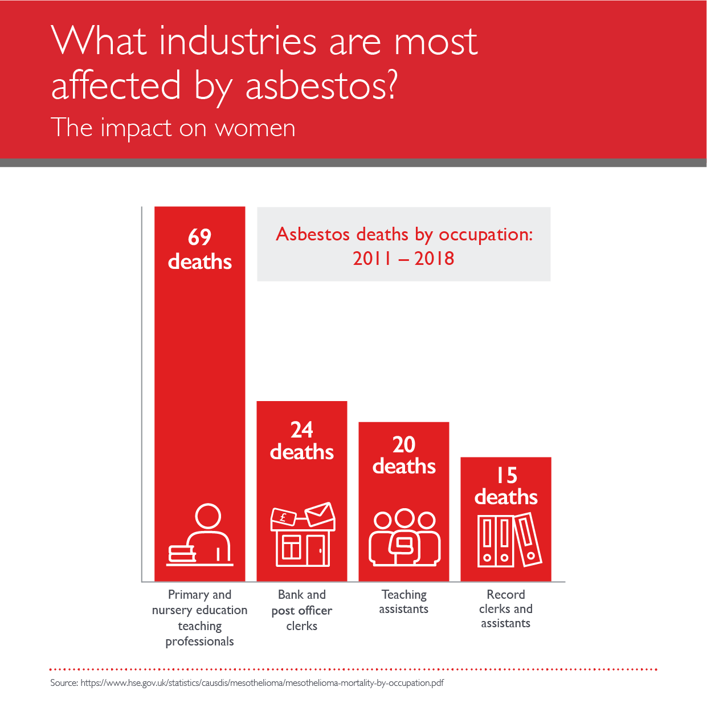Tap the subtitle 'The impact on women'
[173, 128]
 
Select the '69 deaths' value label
[200, 250]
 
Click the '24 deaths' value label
[302, 441]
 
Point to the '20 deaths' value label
[404, 456]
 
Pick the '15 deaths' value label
[506, 487]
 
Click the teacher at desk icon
[200, 535]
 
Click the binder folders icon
[509, 540]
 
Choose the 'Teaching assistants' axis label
[404, 602]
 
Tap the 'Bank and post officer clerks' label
[302, 610]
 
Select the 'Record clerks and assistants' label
[506, 609]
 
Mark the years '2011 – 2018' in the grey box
[403, 259]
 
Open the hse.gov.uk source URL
[262, 683]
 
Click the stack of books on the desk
[182, 553]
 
